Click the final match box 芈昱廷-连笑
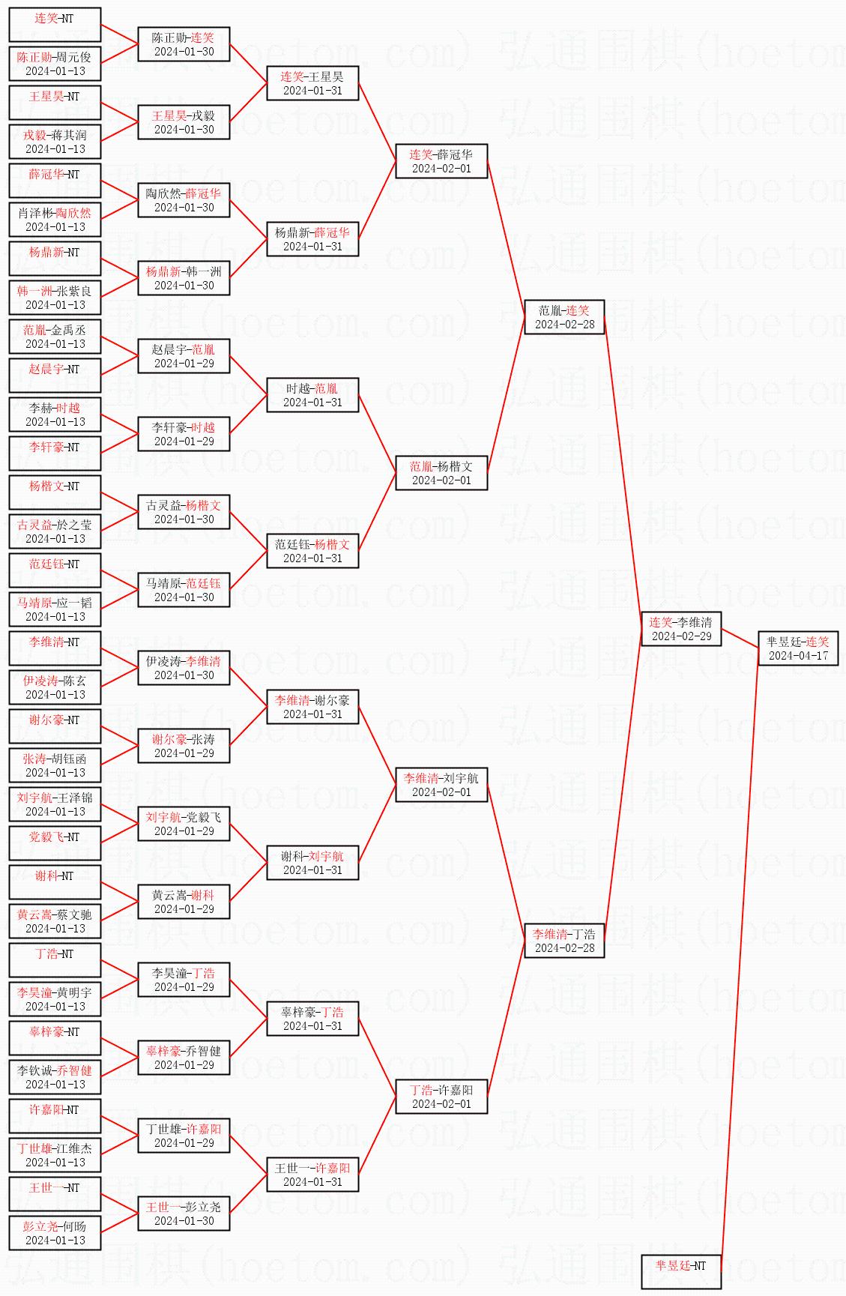(797, 648)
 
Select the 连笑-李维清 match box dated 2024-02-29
(681, 629)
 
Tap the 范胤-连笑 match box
(564, 317)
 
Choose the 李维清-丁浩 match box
(564, 941)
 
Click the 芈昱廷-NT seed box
(681, 1271)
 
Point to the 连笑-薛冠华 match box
(441, 161)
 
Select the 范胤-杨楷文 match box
(441, 473)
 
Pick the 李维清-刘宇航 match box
(441, 785)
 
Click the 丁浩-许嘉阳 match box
(441, 1097)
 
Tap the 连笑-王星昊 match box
(312, 83)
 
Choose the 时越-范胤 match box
(312, 395)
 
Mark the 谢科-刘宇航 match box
(312, 863)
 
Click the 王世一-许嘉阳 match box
(312, 1175)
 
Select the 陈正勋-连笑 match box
(184, 44)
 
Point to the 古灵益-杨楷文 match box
(184, 512)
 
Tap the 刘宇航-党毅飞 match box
(184, 824)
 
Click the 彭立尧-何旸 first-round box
(55, 1233)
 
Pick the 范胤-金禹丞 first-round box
(55, 337)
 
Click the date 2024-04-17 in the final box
(797, 656)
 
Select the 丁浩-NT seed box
(55, 960)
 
